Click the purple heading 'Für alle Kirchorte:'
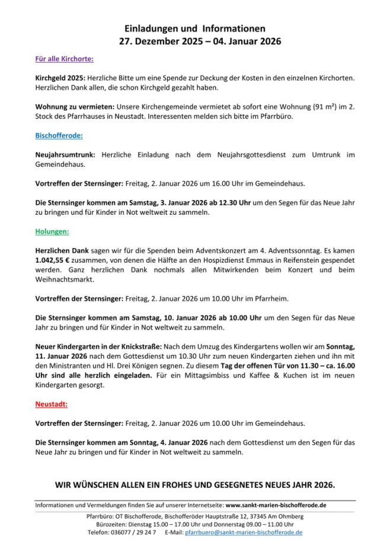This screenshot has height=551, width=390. pyautogui.click(x=64, y=59)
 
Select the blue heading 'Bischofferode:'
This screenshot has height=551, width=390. pyautogui.click(x=59, y=136)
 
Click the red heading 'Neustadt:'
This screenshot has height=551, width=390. pyautogui.click(x=51, y=404)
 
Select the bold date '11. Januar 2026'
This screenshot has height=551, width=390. pyautogui.click(x=61, y=356)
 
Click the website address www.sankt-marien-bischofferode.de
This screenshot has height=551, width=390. pyautogui.click(x=276, y=505)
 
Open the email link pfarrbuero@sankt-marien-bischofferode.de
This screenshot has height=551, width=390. pyautogui.click(x=244, y=532)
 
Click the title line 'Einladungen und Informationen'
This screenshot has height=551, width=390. pyautogui.click(x=195, y=28)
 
